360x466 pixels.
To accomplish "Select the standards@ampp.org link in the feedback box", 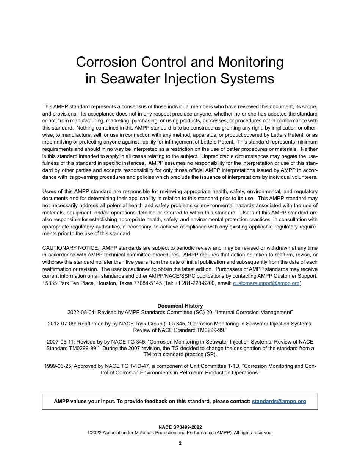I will [279, 401].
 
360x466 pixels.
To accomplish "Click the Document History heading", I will [180, 306].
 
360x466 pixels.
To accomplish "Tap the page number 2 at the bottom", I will [180, 443].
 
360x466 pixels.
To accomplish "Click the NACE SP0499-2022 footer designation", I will [180, 427].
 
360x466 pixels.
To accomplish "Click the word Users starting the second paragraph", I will [50, 191].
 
